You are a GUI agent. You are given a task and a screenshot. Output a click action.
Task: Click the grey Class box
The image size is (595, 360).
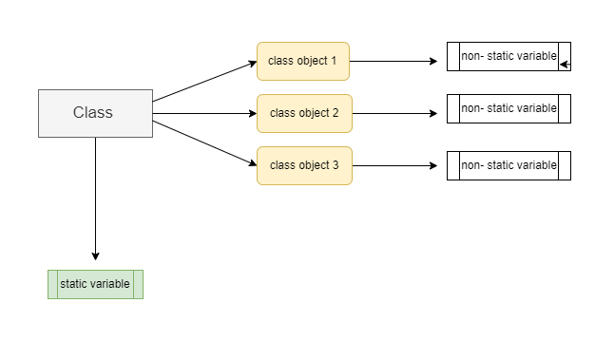coord(95,113)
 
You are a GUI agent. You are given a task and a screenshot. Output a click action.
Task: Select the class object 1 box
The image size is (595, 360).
coord(303,61)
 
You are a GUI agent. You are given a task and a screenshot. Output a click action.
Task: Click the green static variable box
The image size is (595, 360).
coord(95,284)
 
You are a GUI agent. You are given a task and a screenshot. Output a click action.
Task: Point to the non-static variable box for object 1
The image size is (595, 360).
coord(509,56)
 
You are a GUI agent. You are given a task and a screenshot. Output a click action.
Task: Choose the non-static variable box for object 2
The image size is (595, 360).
coord(509,108)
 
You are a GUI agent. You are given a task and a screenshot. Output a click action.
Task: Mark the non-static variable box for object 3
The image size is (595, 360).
coord(509,165)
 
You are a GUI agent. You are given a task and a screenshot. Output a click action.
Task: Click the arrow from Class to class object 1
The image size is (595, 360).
coord(204,82)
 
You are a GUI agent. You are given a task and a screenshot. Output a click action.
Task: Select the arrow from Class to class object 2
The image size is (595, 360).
coord(204,114)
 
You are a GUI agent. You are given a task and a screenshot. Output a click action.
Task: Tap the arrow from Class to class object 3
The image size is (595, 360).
coord(204,141)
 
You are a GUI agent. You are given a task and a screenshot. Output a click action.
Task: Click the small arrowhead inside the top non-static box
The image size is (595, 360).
coord(565,66)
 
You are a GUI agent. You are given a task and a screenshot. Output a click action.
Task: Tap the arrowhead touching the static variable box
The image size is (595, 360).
coord(95,256)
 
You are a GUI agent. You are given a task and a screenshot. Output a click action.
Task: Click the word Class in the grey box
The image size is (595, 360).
coord(93,113)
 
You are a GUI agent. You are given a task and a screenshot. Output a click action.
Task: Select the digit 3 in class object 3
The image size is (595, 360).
coord(335,165)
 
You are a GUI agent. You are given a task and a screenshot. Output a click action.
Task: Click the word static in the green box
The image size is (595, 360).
coord(74,284)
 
